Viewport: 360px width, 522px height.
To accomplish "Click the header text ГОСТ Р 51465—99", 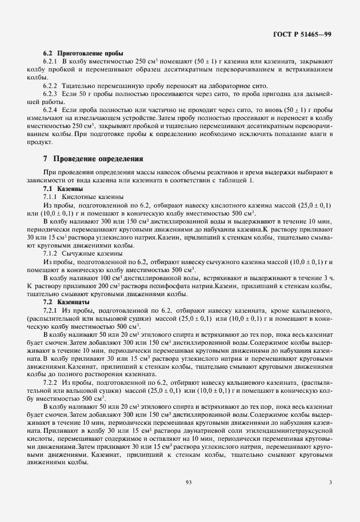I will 303,34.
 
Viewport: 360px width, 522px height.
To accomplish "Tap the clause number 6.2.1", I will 52,60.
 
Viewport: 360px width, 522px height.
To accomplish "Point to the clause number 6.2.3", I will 52,91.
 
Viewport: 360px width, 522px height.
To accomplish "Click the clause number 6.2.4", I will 52,108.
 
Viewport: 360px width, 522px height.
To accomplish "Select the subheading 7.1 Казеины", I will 63,188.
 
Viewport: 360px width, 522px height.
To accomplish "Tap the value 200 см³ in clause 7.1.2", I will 123,285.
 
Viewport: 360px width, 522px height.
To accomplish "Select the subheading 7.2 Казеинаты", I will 66,301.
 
